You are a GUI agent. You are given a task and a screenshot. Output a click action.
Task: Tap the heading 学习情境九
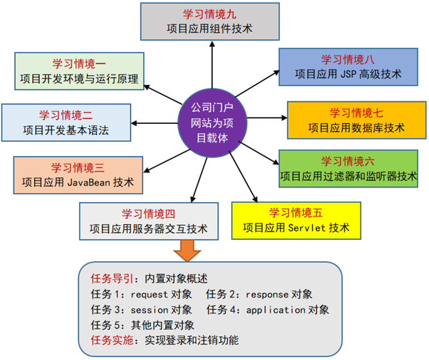coord(210,13)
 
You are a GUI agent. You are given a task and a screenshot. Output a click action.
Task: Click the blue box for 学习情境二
coord(66,123)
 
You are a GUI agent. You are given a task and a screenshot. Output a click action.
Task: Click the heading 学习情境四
coord(148,214)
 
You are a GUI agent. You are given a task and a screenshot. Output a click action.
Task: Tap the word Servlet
coord(308,228)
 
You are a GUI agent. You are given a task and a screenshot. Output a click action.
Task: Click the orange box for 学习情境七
coord(356,120)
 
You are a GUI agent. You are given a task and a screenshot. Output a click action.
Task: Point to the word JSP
coord(351,74)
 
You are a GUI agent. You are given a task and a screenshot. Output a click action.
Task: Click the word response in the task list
coord(267,295)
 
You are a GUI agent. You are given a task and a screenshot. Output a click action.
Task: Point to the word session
coord(150,310)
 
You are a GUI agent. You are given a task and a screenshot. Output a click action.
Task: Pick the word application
coord(276,310)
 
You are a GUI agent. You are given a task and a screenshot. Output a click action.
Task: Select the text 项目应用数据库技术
coord(356,128)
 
